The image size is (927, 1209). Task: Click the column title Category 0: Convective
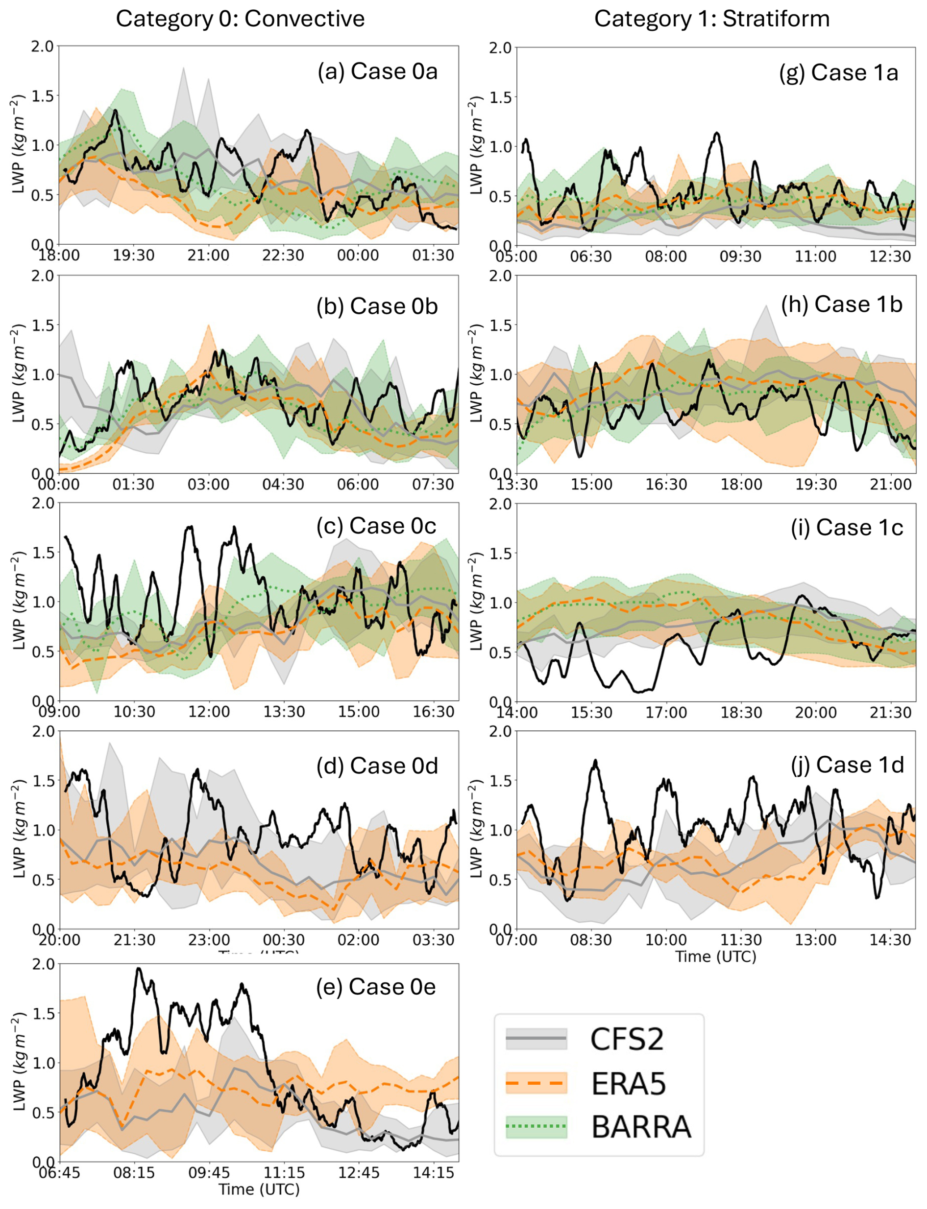(240, 19)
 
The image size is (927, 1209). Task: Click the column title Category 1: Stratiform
(711, 19)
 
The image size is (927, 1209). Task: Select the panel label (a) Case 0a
(377, 71)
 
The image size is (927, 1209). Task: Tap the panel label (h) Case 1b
(841, 304)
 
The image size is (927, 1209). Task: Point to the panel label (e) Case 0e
(376, 987)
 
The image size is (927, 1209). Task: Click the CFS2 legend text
(627, 1039)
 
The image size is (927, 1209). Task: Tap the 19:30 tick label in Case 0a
(134, 256)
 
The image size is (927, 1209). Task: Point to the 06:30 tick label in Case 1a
(591, 257)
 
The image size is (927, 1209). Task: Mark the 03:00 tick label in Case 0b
(208, 485)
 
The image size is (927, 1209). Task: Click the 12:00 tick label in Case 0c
(209, 712)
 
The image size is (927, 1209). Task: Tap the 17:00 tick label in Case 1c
(666, 713)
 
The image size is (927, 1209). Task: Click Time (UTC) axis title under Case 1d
(716, 956)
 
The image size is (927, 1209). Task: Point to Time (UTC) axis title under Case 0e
(259, 1189)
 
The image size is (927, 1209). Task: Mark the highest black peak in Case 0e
(139, 969)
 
